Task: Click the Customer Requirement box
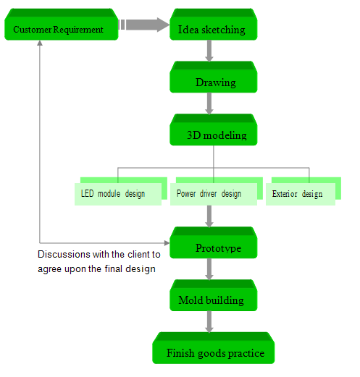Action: [x=62, y=25]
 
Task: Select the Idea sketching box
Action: [x=214, y=25]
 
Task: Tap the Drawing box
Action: [x=214, y=77]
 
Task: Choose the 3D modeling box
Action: [x=214, y=130]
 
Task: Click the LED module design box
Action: [x=121, y=191]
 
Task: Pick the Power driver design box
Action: [x=217, y=191]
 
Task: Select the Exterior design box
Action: [x=304, y=191]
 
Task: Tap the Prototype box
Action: [x=214, y=242]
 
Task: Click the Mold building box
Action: [x=214, y=295]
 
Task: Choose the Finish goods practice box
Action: [x=214, y=348]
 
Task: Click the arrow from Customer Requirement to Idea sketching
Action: [x=144, y=25]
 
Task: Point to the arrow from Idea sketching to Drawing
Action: [x=209, y=51]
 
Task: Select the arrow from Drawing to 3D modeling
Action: [x=209, y=103]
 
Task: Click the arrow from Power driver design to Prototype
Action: [x=209, y=216]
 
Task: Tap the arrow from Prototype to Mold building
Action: [x=209, y=269]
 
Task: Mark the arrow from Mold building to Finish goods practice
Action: [x=209, y=322]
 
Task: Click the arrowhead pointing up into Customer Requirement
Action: [x=40, y=43]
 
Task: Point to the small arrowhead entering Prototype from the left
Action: [x=167, y=243]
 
